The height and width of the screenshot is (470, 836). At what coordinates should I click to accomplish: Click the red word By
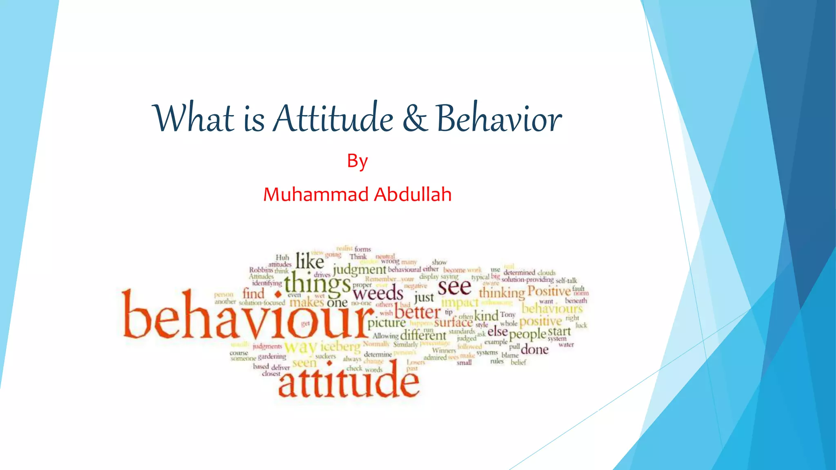pyautogui.click(x=357, y=162)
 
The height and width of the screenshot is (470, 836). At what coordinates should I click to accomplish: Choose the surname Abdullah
pyautogui.click(x=413, y=195)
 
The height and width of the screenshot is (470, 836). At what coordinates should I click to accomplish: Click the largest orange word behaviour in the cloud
pyautogui.click(x=247, y=315)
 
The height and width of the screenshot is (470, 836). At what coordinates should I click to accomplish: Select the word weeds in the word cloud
pyautogui.click(x=378, y=293)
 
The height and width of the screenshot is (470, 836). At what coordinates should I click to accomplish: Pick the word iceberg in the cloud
pyautogui.click(x=340, y=347)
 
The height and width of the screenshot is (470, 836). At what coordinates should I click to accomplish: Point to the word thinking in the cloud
pyautogui.click(x=502, y=293)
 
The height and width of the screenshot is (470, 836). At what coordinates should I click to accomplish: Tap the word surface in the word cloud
pyautogui.click(x=453, y=323)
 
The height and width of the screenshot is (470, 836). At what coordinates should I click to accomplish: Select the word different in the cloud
pyautogui.click(x=423, y=336)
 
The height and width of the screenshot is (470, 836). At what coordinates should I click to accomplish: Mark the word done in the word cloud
pyautogui.click(x=534, y=350)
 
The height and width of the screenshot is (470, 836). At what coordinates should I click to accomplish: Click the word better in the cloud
pyautogui.click(x=418, y=313)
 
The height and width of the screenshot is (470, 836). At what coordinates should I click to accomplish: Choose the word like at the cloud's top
pyautogui.click(x=310, y=261)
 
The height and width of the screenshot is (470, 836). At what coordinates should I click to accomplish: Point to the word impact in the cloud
pyautogui.click(x=460, y=302)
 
